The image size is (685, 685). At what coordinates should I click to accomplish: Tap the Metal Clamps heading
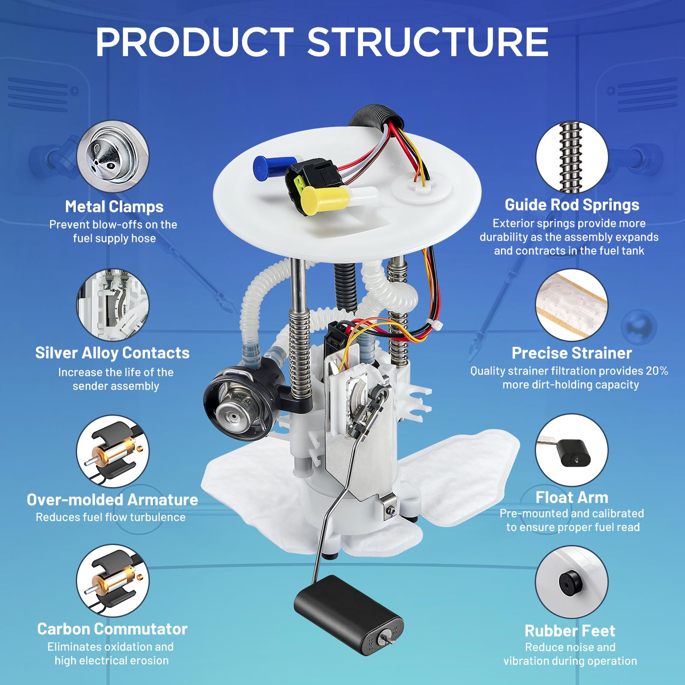click(114, 206)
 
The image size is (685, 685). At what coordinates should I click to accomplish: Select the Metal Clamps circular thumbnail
click(113, 156)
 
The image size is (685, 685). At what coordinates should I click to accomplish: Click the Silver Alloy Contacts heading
click(112, 353)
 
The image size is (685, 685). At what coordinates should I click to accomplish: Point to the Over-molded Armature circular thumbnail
click(113, 451)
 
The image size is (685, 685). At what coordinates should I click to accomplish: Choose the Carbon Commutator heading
click(112, 629)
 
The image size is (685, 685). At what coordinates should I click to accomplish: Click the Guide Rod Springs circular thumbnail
click(572, 157)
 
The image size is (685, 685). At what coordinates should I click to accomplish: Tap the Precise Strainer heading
click(572, 353)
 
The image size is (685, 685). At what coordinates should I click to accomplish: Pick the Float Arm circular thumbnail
click(572, 450)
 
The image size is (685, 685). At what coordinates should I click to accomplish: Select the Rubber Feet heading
click(570, 631)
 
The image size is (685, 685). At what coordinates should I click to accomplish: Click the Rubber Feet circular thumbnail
click(572, 582)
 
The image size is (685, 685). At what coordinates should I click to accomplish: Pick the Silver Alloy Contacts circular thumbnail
click(113, 305)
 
